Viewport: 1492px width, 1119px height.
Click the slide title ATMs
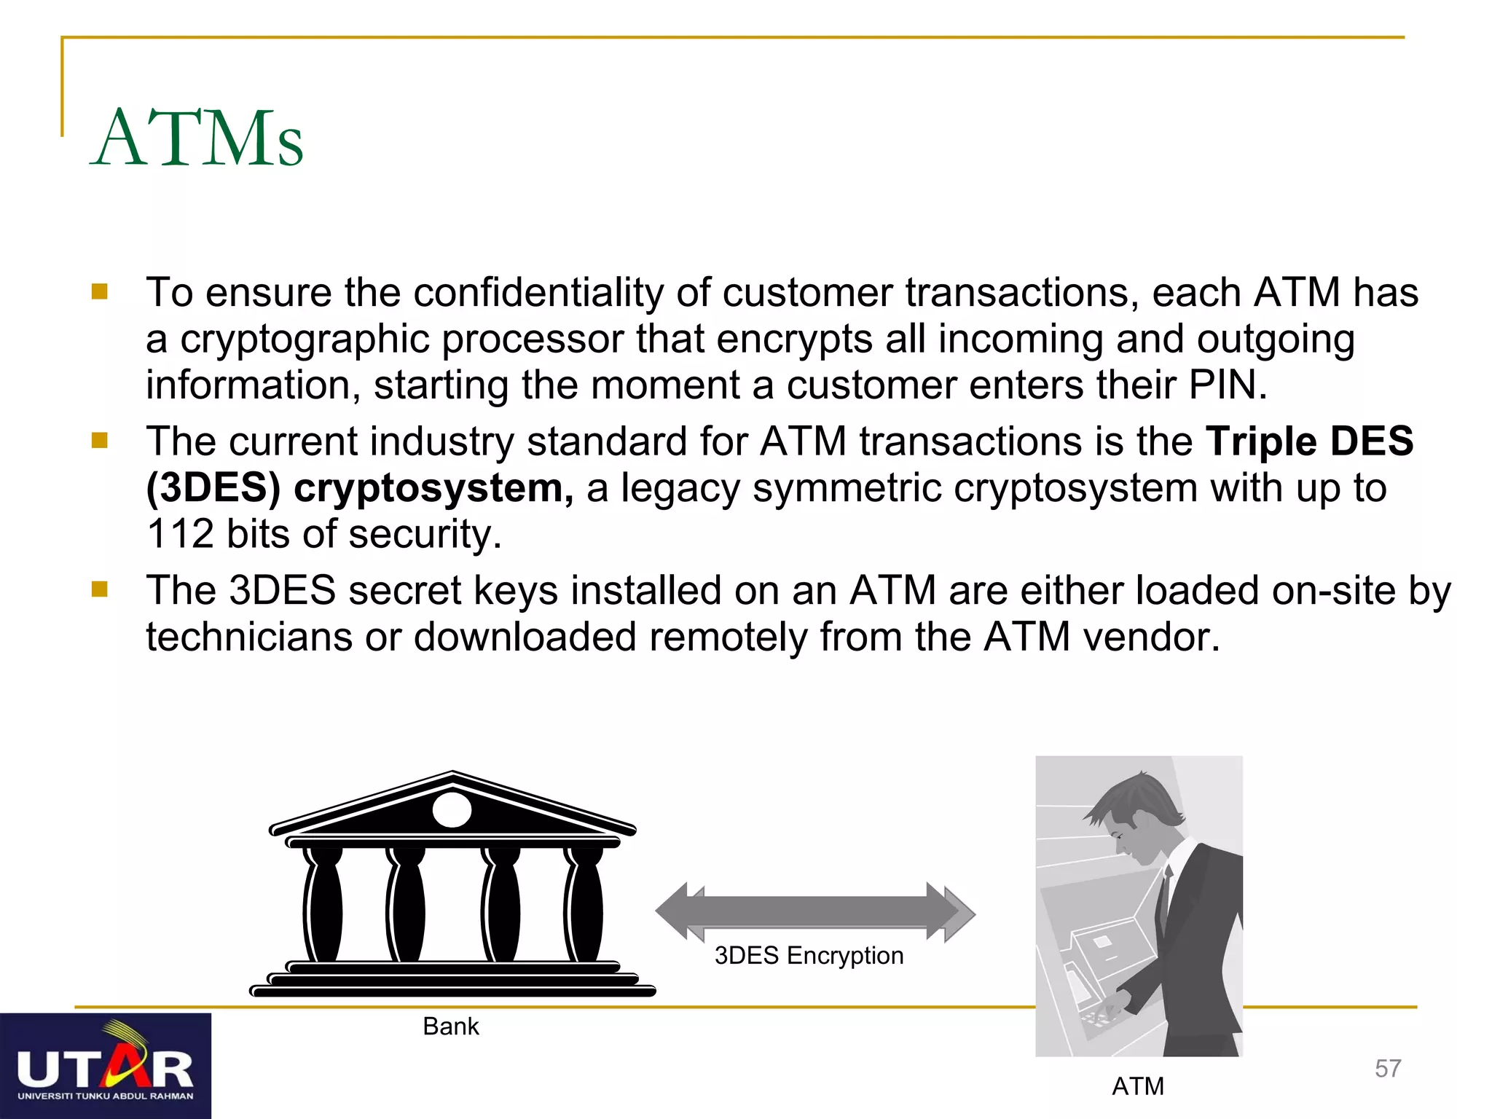(x=197, y=138)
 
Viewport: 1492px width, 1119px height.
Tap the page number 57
(x=1388, y=1069)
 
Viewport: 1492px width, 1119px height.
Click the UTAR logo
(x=105, y=1066)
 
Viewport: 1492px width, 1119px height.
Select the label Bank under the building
(x=451, y=1026)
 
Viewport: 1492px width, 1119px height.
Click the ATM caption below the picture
(x=1138, y=1086)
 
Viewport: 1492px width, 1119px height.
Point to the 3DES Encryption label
(x=809, y=955)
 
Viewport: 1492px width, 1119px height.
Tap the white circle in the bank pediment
(x=452, y=810)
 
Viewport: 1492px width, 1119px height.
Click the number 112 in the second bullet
(x=179, y=534)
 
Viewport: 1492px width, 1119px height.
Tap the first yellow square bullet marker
(x=100, y=292)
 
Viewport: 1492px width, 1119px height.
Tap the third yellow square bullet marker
(x=100, y=589)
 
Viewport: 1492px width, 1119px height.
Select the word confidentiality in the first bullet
(x=538, y=293)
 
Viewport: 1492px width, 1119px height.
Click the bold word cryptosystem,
(x=433, y=488)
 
